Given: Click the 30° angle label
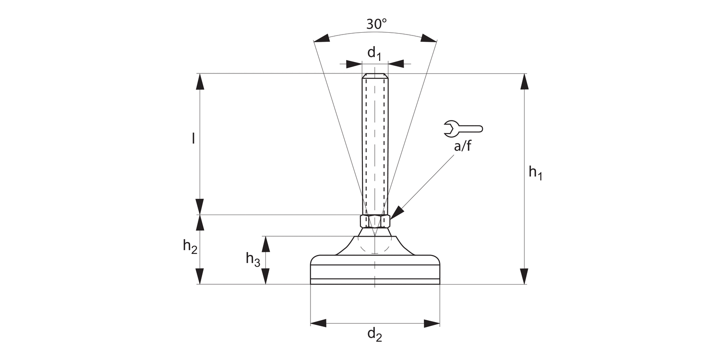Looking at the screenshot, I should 376,24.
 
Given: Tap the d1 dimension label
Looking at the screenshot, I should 374,53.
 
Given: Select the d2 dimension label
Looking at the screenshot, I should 374,335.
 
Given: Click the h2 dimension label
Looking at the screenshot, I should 190,247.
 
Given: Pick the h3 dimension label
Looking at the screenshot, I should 253,259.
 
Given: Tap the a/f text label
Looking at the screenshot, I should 463,146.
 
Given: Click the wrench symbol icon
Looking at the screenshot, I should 463,128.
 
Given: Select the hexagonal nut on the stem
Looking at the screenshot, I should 375,221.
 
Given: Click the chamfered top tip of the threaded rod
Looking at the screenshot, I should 375,76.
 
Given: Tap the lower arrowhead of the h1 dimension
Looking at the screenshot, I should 524,276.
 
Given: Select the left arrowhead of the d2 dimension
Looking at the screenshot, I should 318,323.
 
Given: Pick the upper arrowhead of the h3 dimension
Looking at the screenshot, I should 265,244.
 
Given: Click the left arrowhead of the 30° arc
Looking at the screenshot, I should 322,38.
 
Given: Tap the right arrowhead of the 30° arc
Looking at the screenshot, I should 429,38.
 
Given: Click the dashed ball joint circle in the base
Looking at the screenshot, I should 374,245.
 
